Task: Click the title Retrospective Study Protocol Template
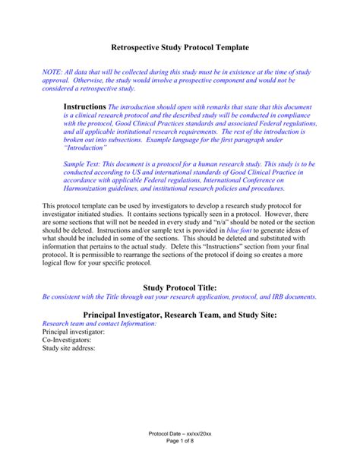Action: coord(180,47)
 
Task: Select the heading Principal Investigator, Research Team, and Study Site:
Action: coord(180,314)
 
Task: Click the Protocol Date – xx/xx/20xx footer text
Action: coord(180,433)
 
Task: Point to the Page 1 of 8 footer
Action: coord(180,442)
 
